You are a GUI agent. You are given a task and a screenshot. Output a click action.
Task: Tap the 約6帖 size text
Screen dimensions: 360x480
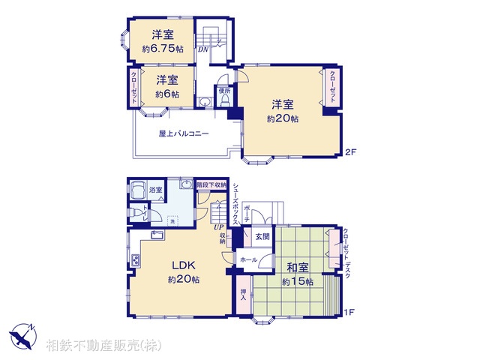point(167,94)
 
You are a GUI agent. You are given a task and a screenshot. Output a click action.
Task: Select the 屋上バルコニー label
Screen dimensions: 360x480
point(184,134)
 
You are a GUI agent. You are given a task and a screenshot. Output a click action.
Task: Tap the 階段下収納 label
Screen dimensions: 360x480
point(211,184)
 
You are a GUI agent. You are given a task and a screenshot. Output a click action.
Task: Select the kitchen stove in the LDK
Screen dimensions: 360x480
point(136,260)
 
